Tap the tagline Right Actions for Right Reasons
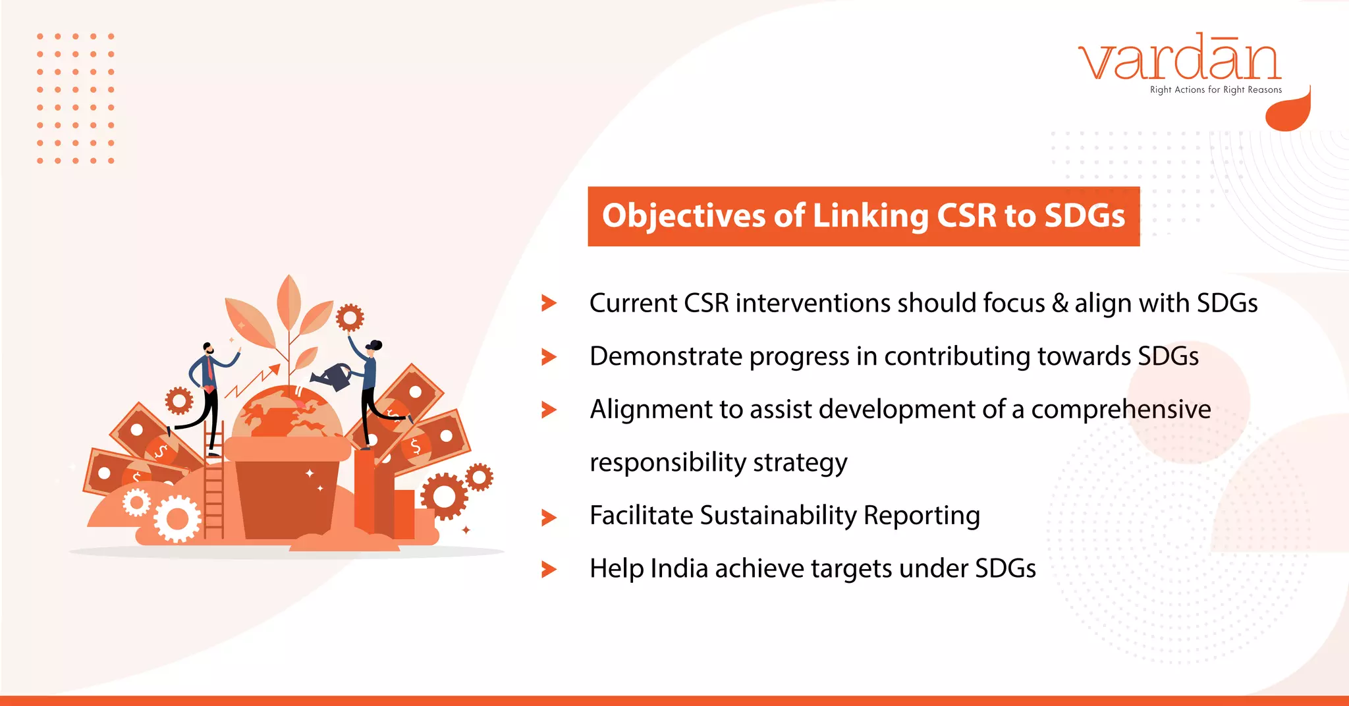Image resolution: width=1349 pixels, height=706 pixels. tap(1215, 90)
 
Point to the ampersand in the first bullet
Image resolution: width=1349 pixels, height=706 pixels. tap(1060, 303)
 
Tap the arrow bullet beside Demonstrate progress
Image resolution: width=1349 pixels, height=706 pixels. tap(549, 357)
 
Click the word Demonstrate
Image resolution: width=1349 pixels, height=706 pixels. tap(665, 356)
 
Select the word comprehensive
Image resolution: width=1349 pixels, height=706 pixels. tap(1120, 410)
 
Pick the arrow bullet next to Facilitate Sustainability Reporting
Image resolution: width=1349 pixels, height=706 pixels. tap(549, 517)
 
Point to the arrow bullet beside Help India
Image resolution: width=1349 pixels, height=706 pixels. tap(549, 570)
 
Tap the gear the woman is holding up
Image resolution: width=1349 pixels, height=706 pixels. tap(349, 318)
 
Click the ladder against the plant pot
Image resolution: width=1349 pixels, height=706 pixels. tap(213, 487)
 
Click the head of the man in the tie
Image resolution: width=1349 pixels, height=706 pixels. tap(207, 349)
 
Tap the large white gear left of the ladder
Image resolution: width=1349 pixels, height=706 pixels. tap(177, 519)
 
